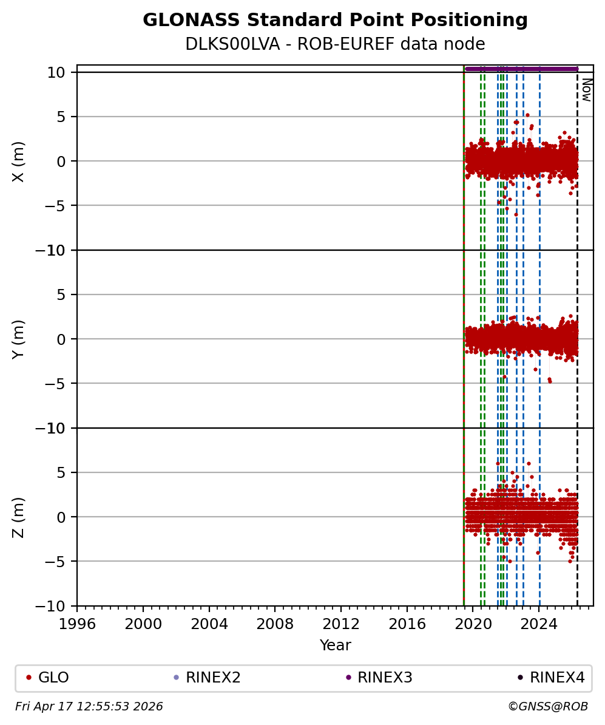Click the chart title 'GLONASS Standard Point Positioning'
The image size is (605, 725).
[335, 21]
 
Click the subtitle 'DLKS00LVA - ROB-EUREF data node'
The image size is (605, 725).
[335, 44]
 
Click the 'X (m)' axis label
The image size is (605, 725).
[19, 161]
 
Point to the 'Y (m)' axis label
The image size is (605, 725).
[19, 339]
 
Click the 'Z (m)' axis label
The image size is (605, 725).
[19, 517]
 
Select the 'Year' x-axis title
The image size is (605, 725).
[335, 645]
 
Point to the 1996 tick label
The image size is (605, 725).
[77, 624]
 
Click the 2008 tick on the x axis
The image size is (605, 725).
[275, 624]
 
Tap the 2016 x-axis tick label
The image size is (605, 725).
[407, 624]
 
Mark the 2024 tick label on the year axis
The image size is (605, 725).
[539, 624]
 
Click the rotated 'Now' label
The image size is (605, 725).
[587, 90]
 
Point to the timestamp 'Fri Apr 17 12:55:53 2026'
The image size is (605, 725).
[89, 707]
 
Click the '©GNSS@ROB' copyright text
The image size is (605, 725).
[547, 707]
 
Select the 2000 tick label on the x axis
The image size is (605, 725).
[143, 624]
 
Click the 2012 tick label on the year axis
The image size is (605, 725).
[341, 624]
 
